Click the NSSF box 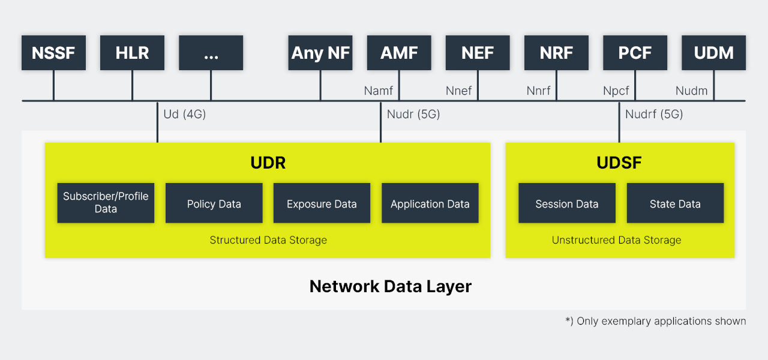pyautogui.click(x=53, y=53)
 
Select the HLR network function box pyautogui.click(x=132, y=53)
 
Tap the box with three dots pyautogui.click(x=211, y=53)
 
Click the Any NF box pyautogui.click(x=320, y=53)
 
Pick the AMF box pyautogui.click(x=399, y=53)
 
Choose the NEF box pyautogui.click(x=478, y=53)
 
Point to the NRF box pyautogui.click(x=556, y=53)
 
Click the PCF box pyautogui.click(x=635, y=53)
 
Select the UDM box pyautogui.click(x=713, y=53)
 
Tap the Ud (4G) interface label pyautogui.click(x=184, y=114)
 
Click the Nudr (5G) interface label pyautogui.click(x=413, y=114)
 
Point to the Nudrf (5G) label pyautogui.click(x=654, y=114)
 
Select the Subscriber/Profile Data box pyautogui.click(x=106, y=203)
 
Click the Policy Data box pyautogui.click(x=214, y=203)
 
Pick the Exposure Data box pyautogui.click(x=322, y=203)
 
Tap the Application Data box pyautogui.click(x=430, y=203)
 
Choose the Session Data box pyautogui.click(x=567, y=203)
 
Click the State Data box pyautogui.click(x=675, y=203)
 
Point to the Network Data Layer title pyautogui.click(x=391, y=287)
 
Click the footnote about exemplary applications pyautogui.click(x=656, y=321)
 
